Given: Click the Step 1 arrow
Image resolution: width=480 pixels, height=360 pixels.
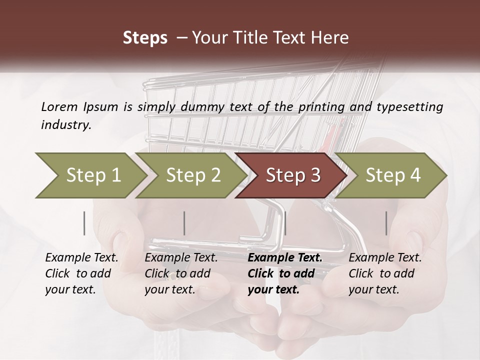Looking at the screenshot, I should pyautogui.click(x=90, y=175).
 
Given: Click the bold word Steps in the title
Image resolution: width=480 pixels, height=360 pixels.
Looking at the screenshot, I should pyautogui.click(x=145, y=38).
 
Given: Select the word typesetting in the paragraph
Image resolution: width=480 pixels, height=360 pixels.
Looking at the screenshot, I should pyautogui.click(x=407, y=106).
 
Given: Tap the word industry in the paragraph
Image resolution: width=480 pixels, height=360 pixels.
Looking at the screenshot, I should pyautogui.click(x=66, y=125).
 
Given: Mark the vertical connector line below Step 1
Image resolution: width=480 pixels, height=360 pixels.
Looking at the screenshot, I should pyautogui.click(x=84, y=223).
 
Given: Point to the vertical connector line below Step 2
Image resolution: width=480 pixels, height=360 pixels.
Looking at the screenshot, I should pyautogui.click(x=184, y=223).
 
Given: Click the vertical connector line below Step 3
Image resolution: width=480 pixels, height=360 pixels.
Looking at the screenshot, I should pyautogui.click(x=285, y=223).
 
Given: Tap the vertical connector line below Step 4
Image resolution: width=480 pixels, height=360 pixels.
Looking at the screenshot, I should pyautogui.click(x=386, y=223).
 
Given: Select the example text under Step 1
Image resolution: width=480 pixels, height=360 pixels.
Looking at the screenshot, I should pyautogui.click(x=81, y=273).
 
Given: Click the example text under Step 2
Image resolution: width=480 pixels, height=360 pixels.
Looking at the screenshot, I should pyautogui.click(x=181, y=273).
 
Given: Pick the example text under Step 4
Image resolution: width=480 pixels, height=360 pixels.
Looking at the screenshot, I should pyautogui.click(x=385, y=273).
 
